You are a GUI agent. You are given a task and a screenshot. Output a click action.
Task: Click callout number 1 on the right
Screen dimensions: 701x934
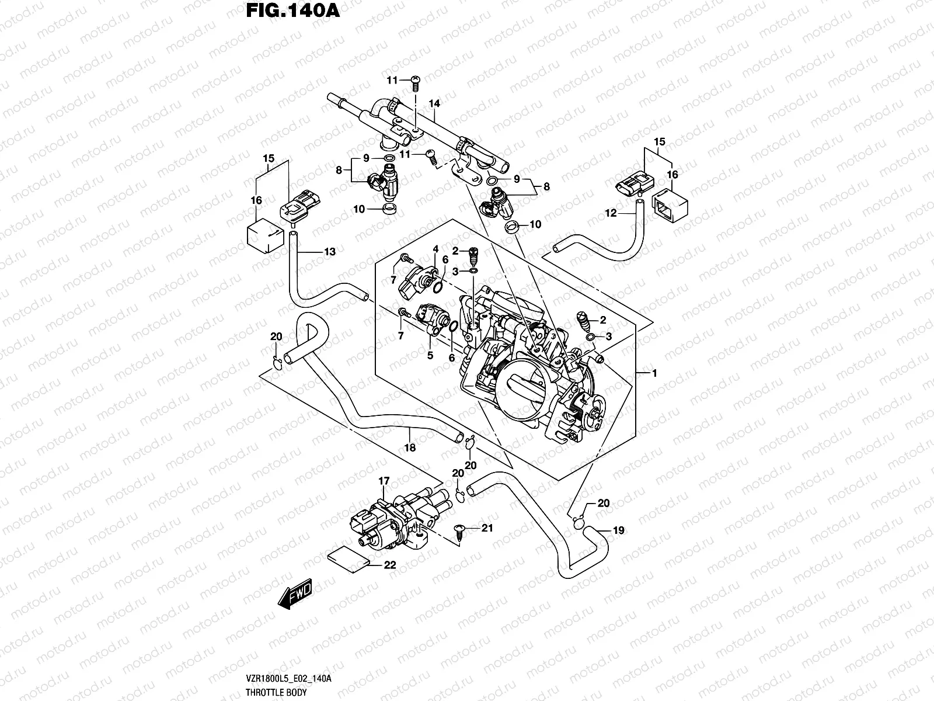(x=654, y=373)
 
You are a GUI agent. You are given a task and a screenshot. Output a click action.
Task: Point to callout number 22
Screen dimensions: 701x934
(x=389, y=565)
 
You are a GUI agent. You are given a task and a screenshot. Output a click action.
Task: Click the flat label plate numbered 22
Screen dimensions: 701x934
(x=349, y=558)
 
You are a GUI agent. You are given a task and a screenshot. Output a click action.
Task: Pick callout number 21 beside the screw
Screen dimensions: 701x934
(x=487, y=528)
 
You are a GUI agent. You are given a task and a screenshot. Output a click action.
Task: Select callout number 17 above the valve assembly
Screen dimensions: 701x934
(x=384, y=481)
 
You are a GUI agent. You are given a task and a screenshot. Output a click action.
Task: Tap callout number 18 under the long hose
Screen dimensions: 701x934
(x=410, y=447)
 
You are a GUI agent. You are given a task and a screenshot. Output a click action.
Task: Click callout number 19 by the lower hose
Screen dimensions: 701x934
(x=619, y=530)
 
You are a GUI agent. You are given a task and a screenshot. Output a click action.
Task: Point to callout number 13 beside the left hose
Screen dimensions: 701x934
(x=330, y=252)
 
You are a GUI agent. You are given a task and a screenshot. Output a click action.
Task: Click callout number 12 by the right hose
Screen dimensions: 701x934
(x=611, y=214)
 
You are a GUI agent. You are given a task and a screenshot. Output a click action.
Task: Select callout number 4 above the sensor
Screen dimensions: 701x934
(x=435, y=250)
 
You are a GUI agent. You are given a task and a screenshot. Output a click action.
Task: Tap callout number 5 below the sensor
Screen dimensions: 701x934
(x=430, y=355)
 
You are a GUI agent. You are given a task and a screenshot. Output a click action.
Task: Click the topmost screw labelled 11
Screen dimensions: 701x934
(x=416, y=82)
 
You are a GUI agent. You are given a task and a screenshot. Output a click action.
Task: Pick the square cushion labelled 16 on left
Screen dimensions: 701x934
(x=266, y=235)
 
